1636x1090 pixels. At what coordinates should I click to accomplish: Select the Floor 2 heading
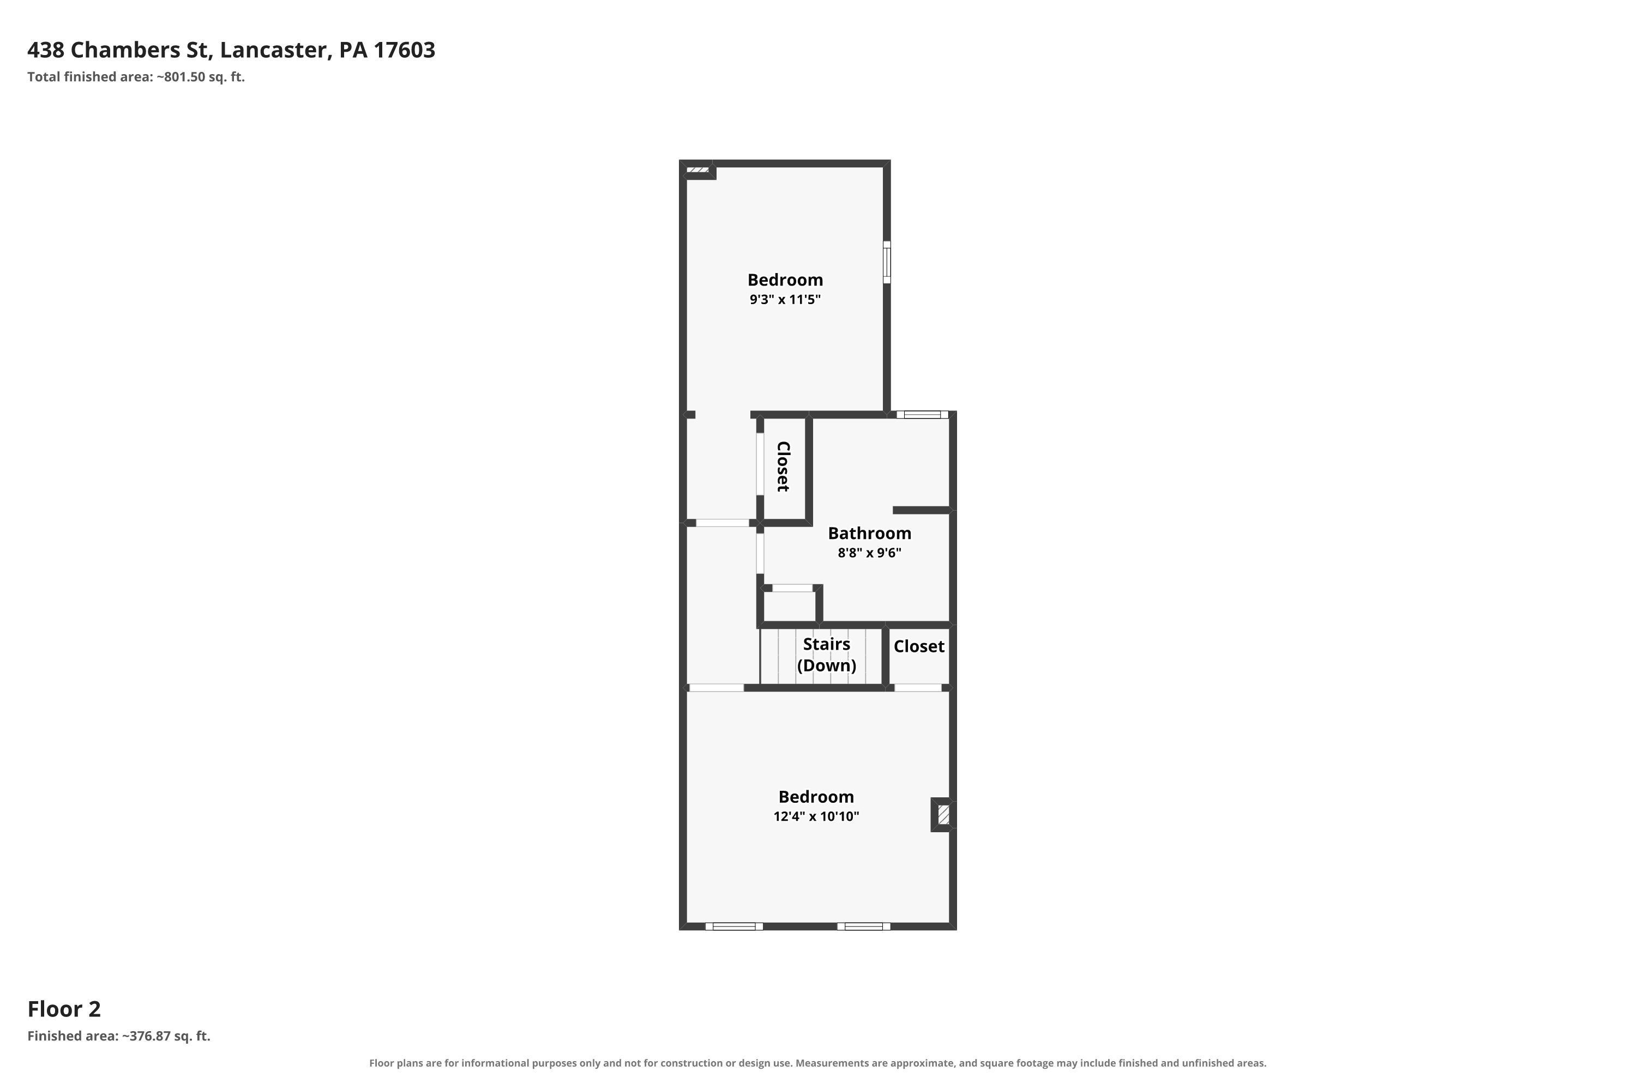[x=64, y=1009]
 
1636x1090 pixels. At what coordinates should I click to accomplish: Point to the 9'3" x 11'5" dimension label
[x=785, y=300]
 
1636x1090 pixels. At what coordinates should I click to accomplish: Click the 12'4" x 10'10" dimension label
[x=816, y=816]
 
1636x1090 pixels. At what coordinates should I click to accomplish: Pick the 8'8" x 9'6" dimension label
[x=869, y=553]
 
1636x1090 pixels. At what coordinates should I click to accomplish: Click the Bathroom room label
[x=869, y=533]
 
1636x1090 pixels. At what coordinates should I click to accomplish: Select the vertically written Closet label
[x=783, y=467]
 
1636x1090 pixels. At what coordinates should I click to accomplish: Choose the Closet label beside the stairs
[x=919, y=646]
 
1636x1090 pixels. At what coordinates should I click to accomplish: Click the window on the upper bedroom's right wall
[x=887, y=262]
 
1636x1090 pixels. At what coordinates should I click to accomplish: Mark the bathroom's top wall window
[x=922, y=415]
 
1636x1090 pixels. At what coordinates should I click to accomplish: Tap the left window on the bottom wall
[x=734, y=926]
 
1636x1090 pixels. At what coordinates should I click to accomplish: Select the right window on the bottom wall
[x=863, y=926]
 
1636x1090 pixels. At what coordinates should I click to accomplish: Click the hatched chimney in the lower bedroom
[x=943, y=814]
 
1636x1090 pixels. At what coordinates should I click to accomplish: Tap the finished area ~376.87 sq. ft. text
[x=119, y=1037]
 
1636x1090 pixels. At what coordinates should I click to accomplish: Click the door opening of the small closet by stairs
[x=917, y=687]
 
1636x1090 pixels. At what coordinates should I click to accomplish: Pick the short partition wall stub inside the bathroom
[x=922, y=510]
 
